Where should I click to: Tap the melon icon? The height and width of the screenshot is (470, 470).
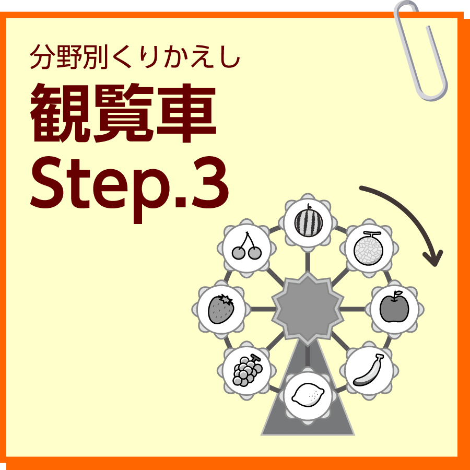tap(369, 248)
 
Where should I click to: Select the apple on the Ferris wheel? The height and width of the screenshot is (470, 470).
tap(394, 307)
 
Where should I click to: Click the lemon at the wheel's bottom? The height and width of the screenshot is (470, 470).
tap(308, 395)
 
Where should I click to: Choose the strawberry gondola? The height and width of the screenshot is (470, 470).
tap(221, 309)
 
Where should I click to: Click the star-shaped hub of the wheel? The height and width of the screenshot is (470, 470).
tap(308, 309)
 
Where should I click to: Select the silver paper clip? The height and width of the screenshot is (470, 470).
tap(420, 50)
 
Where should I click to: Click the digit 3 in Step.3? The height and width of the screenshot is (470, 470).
tap(210, 183)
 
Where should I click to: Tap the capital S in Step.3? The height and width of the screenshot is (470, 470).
tap(48, 183)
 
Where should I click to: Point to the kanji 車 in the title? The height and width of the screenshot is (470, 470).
tap(186, 113)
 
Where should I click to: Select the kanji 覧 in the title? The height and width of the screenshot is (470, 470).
tap(123, 113)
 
